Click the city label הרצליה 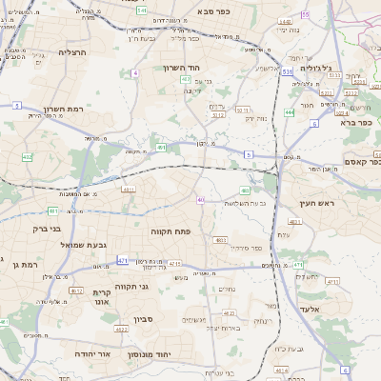(x=71, y=52)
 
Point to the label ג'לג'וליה (x=315, y=69)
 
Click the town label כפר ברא (x=354, y=123)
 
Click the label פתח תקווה (x=172, y=231)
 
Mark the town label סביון (x=144, y=318)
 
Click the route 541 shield (x=142, y=10)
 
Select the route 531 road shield (x=288, y=70)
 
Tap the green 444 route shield (x=289, y=111)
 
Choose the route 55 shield (x=305, y=14)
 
